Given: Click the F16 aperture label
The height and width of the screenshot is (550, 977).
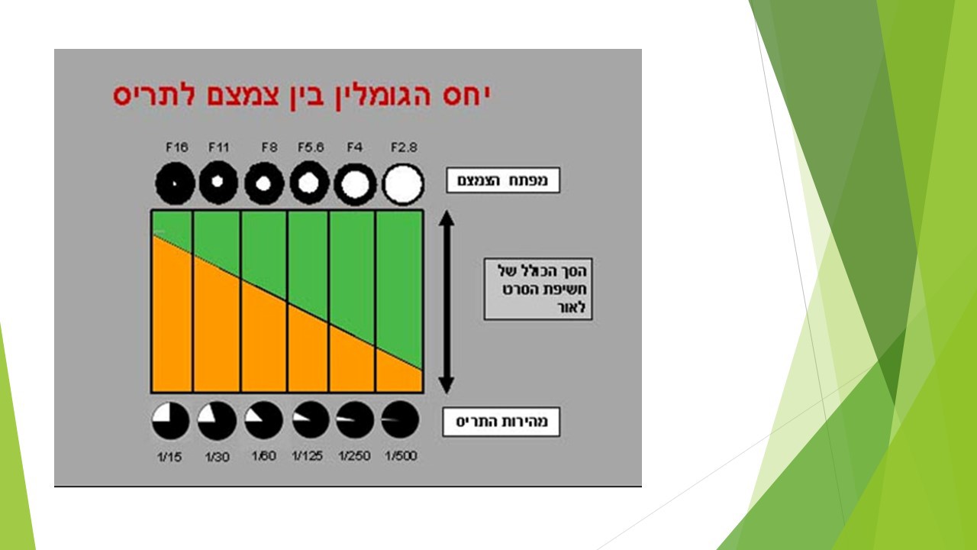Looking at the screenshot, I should click(176, 147).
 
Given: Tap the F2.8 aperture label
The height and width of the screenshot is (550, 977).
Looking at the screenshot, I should click(404, 147).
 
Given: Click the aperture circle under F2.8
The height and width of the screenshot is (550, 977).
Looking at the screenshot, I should click(403, 185).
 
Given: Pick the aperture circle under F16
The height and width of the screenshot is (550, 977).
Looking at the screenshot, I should click(175, 185).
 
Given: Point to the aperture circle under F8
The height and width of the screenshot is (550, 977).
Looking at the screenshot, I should click(264, 185).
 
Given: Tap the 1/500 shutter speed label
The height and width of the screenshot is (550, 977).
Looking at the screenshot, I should click(401, 456).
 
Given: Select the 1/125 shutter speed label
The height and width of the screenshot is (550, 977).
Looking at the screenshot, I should click(308, 456).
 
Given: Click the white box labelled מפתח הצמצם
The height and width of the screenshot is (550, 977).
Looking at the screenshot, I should click(503, 181).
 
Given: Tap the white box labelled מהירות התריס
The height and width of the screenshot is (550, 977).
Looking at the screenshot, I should click(501, 422).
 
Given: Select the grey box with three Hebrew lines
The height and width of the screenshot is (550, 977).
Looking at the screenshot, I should click(538, 290).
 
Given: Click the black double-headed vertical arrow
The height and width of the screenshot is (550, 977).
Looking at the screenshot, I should click(447, 302).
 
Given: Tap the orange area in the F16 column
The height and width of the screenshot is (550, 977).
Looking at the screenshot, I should click(172, 321).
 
